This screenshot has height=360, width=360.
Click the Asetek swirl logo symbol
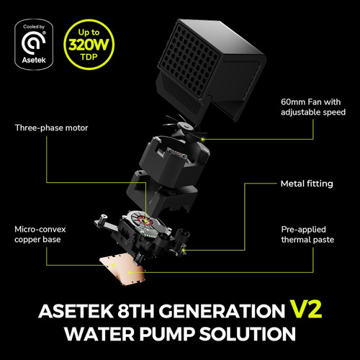(x=33, y=43)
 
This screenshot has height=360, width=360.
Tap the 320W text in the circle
(x=89, y=45)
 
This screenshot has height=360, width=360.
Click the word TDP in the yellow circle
(x=89, y=57)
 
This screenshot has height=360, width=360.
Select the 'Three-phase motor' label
(x=51, y=128)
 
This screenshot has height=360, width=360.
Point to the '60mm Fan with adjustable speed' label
(x=313, y=107)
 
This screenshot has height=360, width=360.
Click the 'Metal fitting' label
(x=307, y=184)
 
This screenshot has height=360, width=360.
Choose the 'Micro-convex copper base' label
(x=40, y=235)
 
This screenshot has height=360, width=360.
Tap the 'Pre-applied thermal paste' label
(x=307, y=235)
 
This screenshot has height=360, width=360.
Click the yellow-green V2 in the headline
(x=305, y=310)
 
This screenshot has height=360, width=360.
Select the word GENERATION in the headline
(x=222, y=311)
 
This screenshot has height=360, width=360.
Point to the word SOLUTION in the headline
(x=248, y=334)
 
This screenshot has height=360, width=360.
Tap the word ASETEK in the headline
(x=76, y=311)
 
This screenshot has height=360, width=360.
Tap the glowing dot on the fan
(x=203, y=139)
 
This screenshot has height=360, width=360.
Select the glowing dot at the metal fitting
(x=184, y=251)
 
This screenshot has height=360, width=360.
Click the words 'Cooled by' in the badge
(x=34, y=27)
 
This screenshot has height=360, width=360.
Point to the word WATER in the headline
(x=99, y=334)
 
